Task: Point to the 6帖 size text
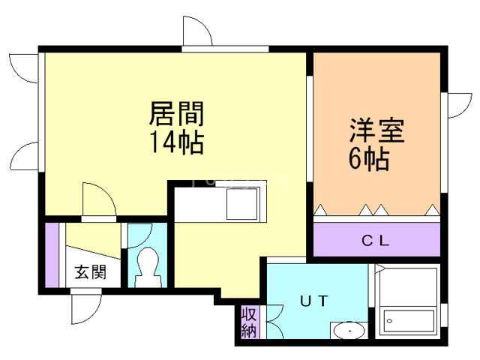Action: click(x=368, y=158)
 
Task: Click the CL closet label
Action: click(x=376, y=241)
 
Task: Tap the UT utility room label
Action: click(x=314, y=301)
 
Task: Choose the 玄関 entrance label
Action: click(x=89, y=272)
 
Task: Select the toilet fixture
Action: click(x=146, y=266)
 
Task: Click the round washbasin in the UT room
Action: click(x=348, y=331)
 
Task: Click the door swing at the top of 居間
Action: click(x=197, y=31)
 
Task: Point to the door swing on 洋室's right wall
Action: click(x=457, y=104)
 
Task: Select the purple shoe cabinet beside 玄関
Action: click(x=52, y=254)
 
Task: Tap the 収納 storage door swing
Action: click(x=269, y=322)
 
